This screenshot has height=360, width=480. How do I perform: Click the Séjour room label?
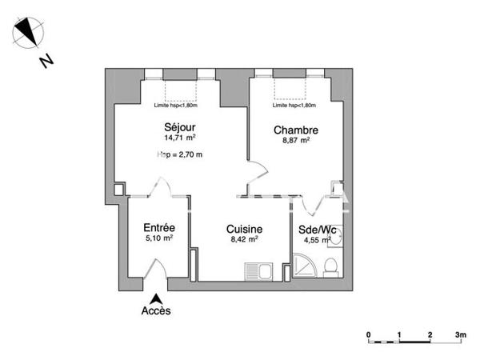pos(180,127)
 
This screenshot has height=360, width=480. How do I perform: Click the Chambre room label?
pos(296,130)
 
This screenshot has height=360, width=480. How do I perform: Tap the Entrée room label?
pos(159,227)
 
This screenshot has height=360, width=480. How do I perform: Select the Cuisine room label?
pos(244,228)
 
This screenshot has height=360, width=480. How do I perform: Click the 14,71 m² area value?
pos(180,138)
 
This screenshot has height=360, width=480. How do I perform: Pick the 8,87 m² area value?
pos(296,141)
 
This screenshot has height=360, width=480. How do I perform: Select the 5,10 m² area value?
pos(159,238)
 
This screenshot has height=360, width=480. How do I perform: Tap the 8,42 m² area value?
pos(244,238)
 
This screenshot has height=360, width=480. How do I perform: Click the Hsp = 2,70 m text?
pos(180,154)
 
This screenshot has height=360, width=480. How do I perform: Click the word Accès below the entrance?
pos(156,310)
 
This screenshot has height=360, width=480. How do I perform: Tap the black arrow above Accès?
pos(156,298)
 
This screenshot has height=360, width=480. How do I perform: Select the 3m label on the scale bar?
pos(461,334)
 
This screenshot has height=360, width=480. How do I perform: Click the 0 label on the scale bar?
pos(368,334)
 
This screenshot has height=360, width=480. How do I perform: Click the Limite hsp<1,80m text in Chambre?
pos(294,105)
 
